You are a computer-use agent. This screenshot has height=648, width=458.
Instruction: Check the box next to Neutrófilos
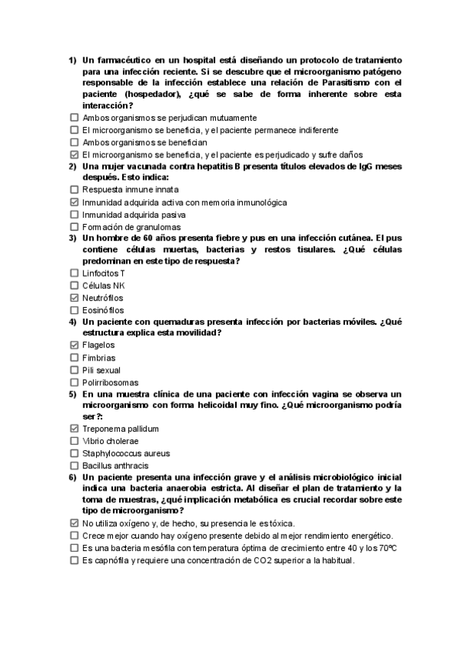pyautogui.click(x=74, y=297)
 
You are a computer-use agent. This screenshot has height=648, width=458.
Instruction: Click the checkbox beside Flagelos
pyautogui.click(x=74, y=345)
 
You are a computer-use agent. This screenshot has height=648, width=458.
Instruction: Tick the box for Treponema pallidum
pyautogui.click(x=74, y=429)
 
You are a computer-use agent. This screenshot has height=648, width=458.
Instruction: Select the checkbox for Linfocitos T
pyautogui.click(x=74, y=273)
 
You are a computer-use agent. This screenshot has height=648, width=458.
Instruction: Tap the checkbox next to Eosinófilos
pyautogui.click(x=74, y=309)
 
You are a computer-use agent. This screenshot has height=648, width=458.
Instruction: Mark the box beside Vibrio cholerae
pyautogui.click(x=74, y=441)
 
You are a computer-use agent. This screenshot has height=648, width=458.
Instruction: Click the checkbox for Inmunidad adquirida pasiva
pyautogui.click(x=74, y=214)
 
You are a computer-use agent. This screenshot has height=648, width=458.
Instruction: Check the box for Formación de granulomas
pyautogui.click(x=74, y=226)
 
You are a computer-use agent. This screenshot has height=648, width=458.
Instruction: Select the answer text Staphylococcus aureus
pyautogui.click(x=114, y=452)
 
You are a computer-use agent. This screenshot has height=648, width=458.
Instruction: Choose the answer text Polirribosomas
pyautogui.click(x=111, y=382)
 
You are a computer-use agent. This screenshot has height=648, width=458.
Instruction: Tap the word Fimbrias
pyautogui.click(x=99, y=357)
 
